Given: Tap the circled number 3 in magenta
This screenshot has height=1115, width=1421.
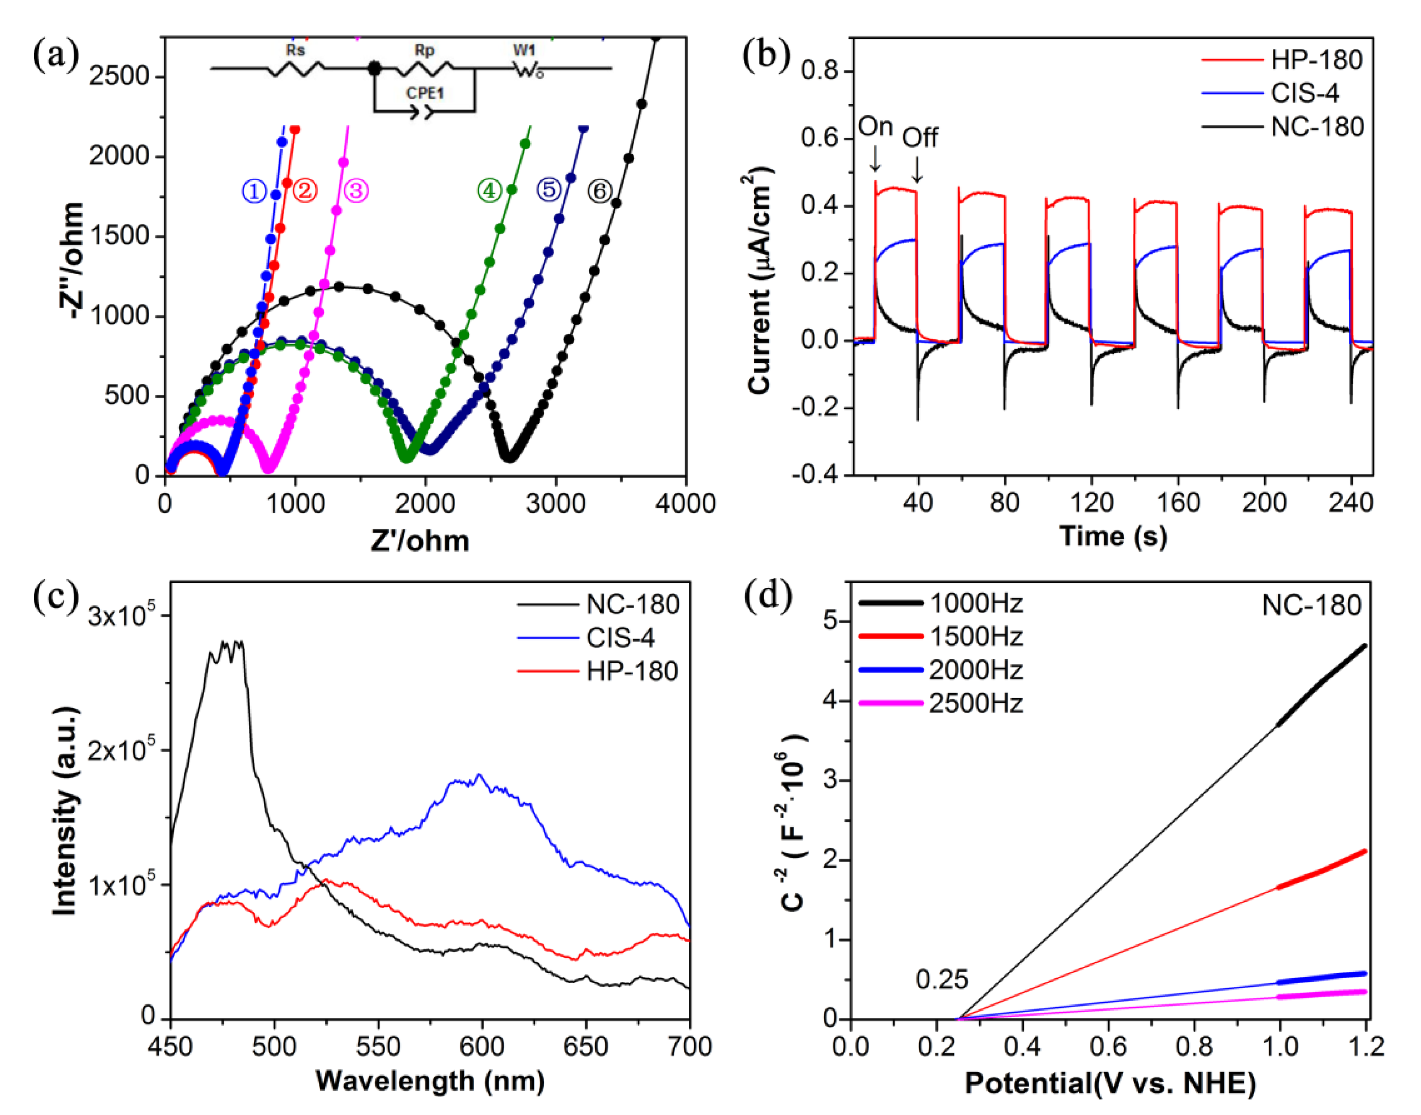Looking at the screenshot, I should click(356, 191).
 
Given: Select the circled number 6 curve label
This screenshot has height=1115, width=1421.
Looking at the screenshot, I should click(600, 191).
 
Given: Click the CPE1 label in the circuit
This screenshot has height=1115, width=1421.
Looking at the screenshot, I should click(425, 93).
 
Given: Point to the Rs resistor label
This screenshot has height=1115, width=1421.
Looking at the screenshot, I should click(296, 50).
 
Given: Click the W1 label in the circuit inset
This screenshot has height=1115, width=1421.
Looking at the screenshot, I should click(524, 50).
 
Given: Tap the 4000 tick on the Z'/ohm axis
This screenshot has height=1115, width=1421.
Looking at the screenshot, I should click(685, 503).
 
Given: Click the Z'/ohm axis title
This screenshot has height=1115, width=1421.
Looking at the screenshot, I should click(420, 541).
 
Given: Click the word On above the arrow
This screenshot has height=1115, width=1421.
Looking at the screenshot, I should click(875, 127).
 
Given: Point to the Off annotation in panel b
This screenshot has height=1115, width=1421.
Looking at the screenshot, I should click(920, 138).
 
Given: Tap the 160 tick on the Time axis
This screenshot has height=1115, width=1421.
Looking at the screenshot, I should click(1178, 503).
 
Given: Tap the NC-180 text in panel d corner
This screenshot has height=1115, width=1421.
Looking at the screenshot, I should click(1311, 606).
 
